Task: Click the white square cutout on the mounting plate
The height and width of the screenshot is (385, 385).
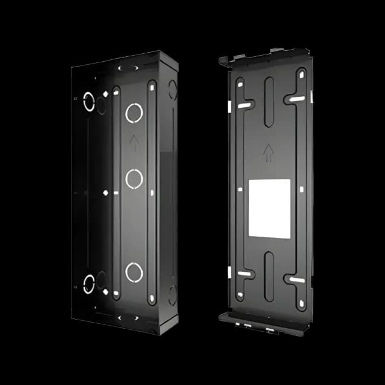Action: pos(269,208)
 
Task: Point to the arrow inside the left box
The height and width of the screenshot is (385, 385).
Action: pos(134,142)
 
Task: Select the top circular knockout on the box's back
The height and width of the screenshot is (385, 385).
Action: pos(134,112)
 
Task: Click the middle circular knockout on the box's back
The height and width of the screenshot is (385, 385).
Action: pos(134,178)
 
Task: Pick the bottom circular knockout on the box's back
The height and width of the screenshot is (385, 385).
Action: pos(134,272)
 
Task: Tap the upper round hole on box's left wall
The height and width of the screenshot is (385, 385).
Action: pos(89,101)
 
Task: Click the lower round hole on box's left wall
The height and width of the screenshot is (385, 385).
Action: pos(89,283)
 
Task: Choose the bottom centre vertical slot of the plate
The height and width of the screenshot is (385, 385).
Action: pos(269,277)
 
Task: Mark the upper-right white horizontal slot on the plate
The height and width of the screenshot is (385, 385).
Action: pos(297,98)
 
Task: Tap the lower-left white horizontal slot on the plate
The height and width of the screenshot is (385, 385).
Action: pos(244,274)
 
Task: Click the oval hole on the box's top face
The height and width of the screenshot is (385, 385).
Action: pos(128,68)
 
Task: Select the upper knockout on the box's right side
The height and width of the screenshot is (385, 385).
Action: pos(172,90)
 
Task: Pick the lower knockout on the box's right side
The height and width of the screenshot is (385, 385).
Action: pos(172,295)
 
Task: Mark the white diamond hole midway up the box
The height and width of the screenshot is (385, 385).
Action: pos(105,193)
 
